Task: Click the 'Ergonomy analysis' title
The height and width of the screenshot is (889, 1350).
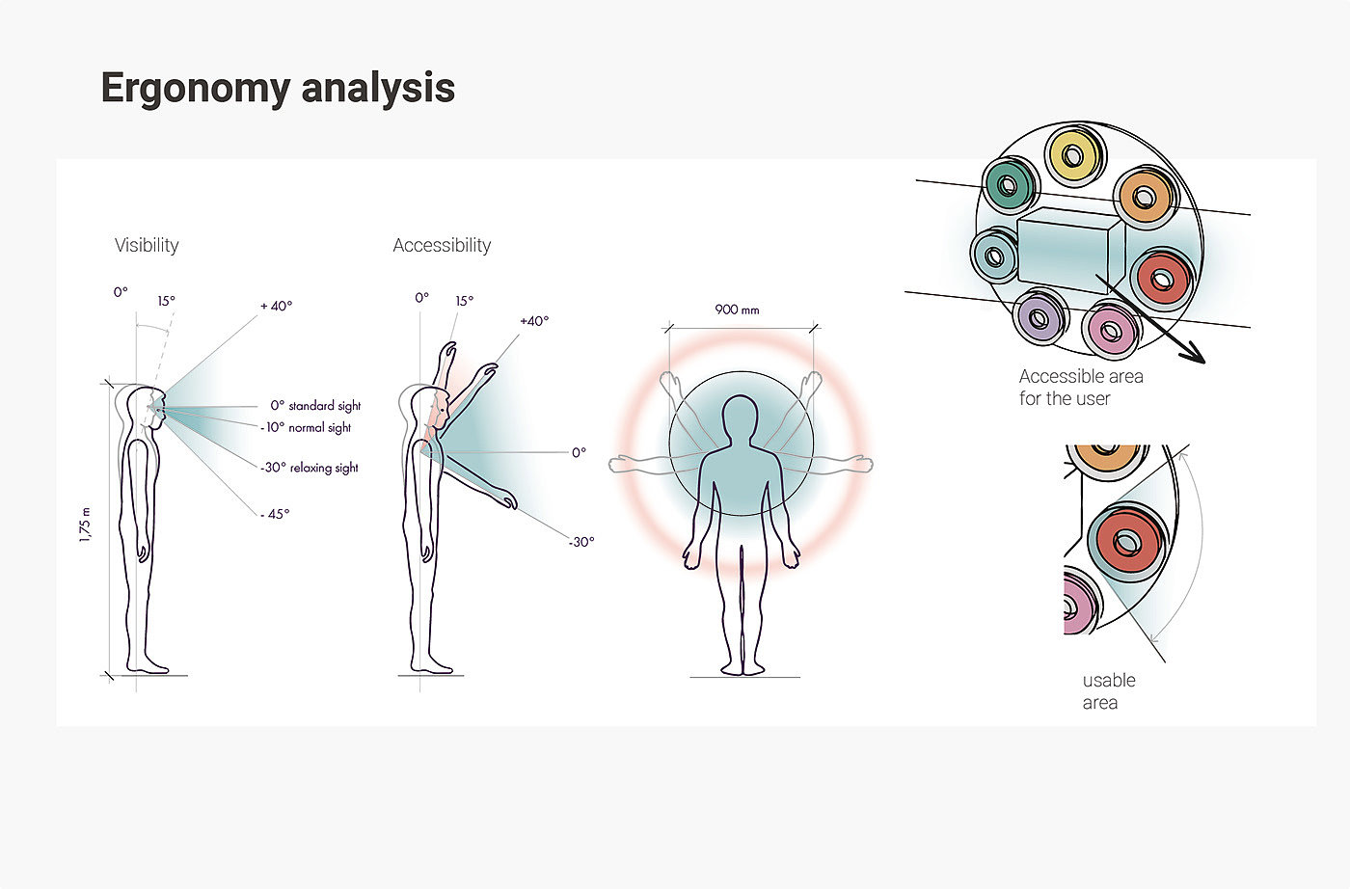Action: [278, 88]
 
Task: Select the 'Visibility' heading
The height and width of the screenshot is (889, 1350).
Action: [147, 245]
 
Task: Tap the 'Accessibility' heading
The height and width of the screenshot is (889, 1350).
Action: [442, 245]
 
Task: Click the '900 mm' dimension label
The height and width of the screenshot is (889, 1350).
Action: [737, 310]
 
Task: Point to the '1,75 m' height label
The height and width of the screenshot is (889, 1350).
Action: [86, 525]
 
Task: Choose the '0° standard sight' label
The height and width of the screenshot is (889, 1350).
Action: [315, 406]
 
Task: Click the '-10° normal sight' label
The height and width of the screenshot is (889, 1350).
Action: [308, 427]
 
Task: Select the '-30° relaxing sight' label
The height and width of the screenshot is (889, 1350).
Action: [310, 468]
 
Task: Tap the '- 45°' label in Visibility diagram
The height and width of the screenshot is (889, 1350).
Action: [275, 514]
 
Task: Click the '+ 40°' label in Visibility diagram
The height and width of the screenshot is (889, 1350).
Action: [276, 306]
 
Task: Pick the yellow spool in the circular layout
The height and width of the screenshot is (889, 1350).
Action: [1073, 155]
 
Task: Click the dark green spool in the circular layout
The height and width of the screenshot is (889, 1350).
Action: [1010, 183]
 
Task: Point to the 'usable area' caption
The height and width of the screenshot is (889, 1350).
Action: [1108, 691]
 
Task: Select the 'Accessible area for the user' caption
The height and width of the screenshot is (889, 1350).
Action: [1080, 388]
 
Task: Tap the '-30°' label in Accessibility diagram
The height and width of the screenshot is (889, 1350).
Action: [581, 542]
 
